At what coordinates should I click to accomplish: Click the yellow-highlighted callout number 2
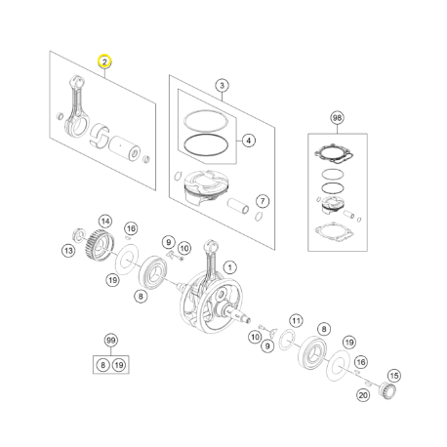[104, 61]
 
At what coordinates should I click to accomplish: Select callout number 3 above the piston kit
[222, 86]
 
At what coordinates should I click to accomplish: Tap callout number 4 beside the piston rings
[249, 141]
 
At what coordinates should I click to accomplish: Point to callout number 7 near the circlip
[263, 201]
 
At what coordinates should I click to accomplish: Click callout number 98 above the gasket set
[337, 118]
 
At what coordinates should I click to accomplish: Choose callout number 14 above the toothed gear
[105, 222]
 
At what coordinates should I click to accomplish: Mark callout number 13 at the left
[68, 251]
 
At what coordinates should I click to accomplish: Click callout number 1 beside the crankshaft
[230, 267]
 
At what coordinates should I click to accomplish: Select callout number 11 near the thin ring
[296, 321]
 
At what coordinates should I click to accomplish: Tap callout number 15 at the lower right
[394, 376]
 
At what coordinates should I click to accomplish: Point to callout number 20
[363, 395]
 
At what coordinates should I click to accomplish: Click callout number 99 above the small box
[111, 341]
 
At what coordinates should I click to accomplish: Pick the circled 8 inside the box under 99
[102, 365]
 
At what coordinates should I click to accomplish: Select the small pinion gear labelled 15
[387, 390]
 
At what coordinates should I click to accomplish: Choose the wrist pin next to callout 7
[238, 206]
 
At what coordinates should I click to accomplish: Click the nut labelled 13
[78, 235]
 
